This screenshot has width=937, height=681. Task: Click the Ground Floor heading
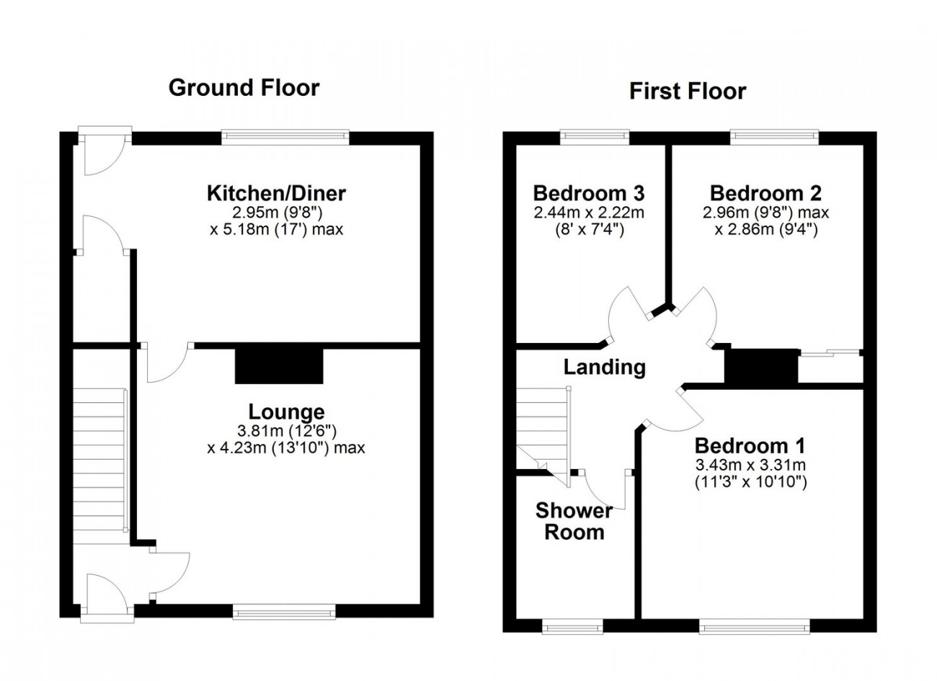(x=244, y=88)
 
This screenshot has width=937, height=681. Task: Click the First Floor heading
(x=688, y=92)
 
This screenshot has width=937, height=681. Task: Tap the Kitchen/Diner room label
(x=277, y=193)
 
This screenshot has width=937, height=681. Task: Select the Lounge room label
(x=287, y=412)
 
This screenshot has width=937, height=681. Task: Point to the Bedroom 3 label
(x=589, y=193)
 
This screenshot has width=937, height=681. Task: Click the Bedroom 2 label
(x=766, y=193)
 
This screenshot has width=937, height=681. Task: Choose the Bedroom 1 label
(x=750, y=446)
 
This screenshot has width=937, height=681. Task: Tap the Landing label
(x=605, y=368)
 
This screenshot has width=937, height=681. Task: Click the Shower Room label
(x=574, y=521)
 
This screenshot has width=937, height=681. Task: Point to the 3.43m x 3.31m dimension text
(x=750, y=465)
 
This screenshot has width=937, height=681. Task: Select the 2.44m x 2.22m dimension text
(x=589, y=213)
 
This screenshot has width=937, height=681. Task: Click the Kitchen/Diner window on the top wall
(x=285, y=137)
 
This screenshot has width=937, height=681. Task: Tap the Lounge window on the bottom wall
(x=285, y=612)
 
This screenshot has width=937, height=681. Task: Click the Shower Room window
(x=573, y=627)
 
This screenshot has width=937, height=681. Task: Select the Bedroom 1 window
(x=755, y=627)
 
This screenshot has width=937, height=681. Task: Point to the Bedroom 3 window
(x=595, y=137)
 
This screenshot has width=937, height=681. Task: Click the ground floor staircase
(x=100, y=466)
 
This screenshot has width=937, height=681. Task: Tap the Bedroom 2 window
(x=775, y=137)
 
